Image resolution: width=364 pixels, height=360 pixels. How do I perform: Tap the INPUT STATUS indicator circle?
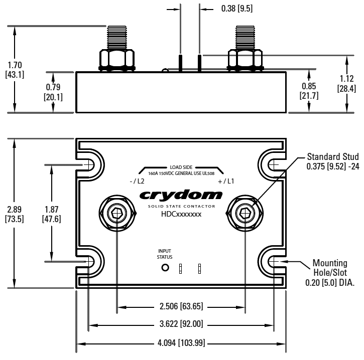(164, 268)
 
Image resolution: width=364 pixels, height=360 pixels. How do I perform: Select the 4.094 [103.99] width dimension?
(181, 344)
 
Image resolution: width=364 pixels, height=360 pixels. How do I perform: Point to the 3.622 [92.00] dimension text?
(181, 325)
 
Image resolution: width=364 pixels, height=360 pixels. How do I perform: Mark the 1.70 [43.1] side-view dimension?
(16, 70)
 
